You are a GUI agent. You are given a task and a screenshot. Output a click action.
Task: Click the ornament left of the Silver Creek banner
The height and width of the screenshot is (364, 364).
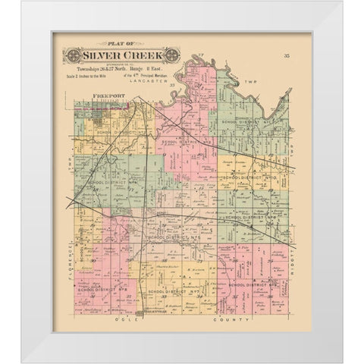(x=73, y=56)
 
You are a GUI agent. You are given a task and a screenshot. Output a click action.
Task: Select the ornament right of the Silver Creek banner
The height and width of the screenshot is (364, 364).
(x=172, y=56)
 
